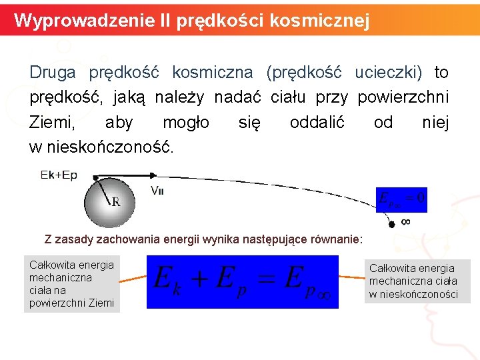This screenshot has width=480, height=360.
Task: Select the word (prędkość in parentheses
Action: pyautogui.click(x=303, y=72)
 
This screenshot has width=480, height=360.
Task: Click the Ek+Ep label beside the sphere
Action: pyautogui.click(x=59, y=175)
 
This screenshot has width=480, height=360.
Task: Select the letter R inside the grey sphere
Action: pyautogui.click(x=116, y=202)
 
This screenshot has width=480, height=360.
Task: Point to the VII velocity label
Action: pyautogui.click(x=158, y=190)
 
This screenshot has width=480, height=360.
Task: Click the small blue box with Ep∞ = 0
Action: pyautogui.click(x=401, y=199)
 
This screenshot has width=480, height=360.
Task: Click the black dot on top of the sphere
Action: pyautogui.click(x=96, y=178)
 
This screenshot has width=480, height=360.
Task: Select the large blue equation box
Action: pyautogui.click(x=242, y=279)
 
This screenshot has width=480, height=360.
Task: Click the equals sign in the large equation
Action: pyautogui.click(x=266, y=277)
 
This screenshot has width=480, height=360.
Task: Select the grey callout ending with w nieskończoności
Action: pyautogui.click(x=417, y=281)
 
